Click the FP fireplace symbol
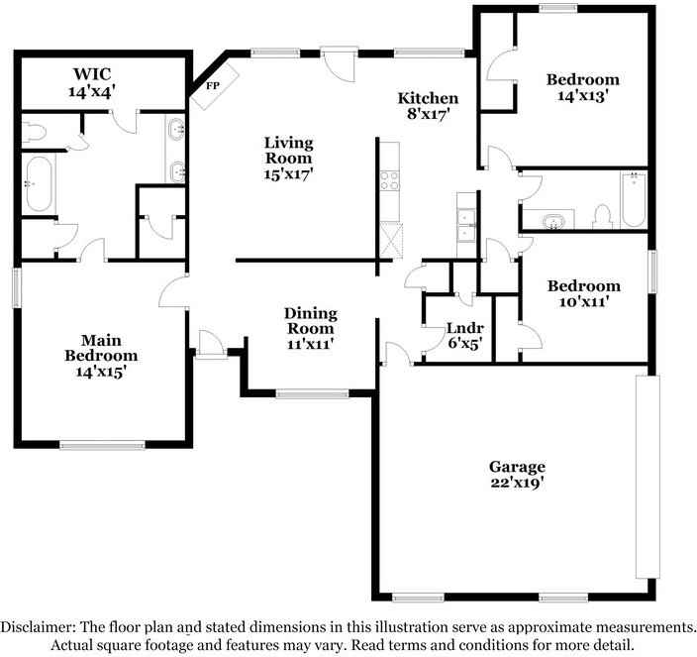[x=213, y=85]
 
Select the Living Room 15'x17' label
[x=288, y=158]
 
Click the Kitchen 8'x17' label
[x=428, y=106]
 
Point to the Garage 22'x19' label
[x=517, y=475]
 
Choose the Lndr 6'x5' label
[x=464, y=335]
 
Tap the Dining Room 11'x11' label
[x=311, y=328]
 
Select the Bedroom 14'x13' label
[x=583, y=88]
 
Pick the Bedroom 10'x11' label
[x=584, y=294]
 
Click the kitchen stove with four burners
[x=389, y=179]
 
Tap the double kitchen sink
[x=465, y=226]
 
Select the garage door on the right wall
[x=645, y=478]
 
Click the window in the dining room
[x=311, y=394]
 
